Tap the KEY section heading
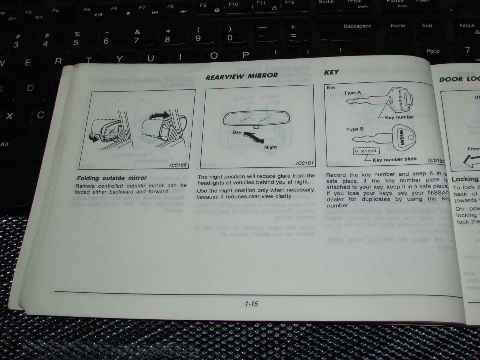331,72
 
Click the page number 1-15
251,304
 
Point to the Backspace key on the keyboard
357,26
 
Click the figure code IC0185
178,165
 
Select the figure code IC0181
305,163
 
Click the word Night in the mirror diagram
270,147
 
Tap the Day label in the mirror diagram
237,132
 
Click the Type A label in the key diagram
352,93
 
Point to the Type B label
355,129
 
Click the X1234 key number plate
366,151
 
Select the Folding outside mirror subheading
112,178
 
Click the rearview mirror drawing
251,119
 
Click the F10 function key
234,5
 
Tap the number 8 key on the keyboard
167,37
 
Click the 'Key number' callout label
399,117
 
